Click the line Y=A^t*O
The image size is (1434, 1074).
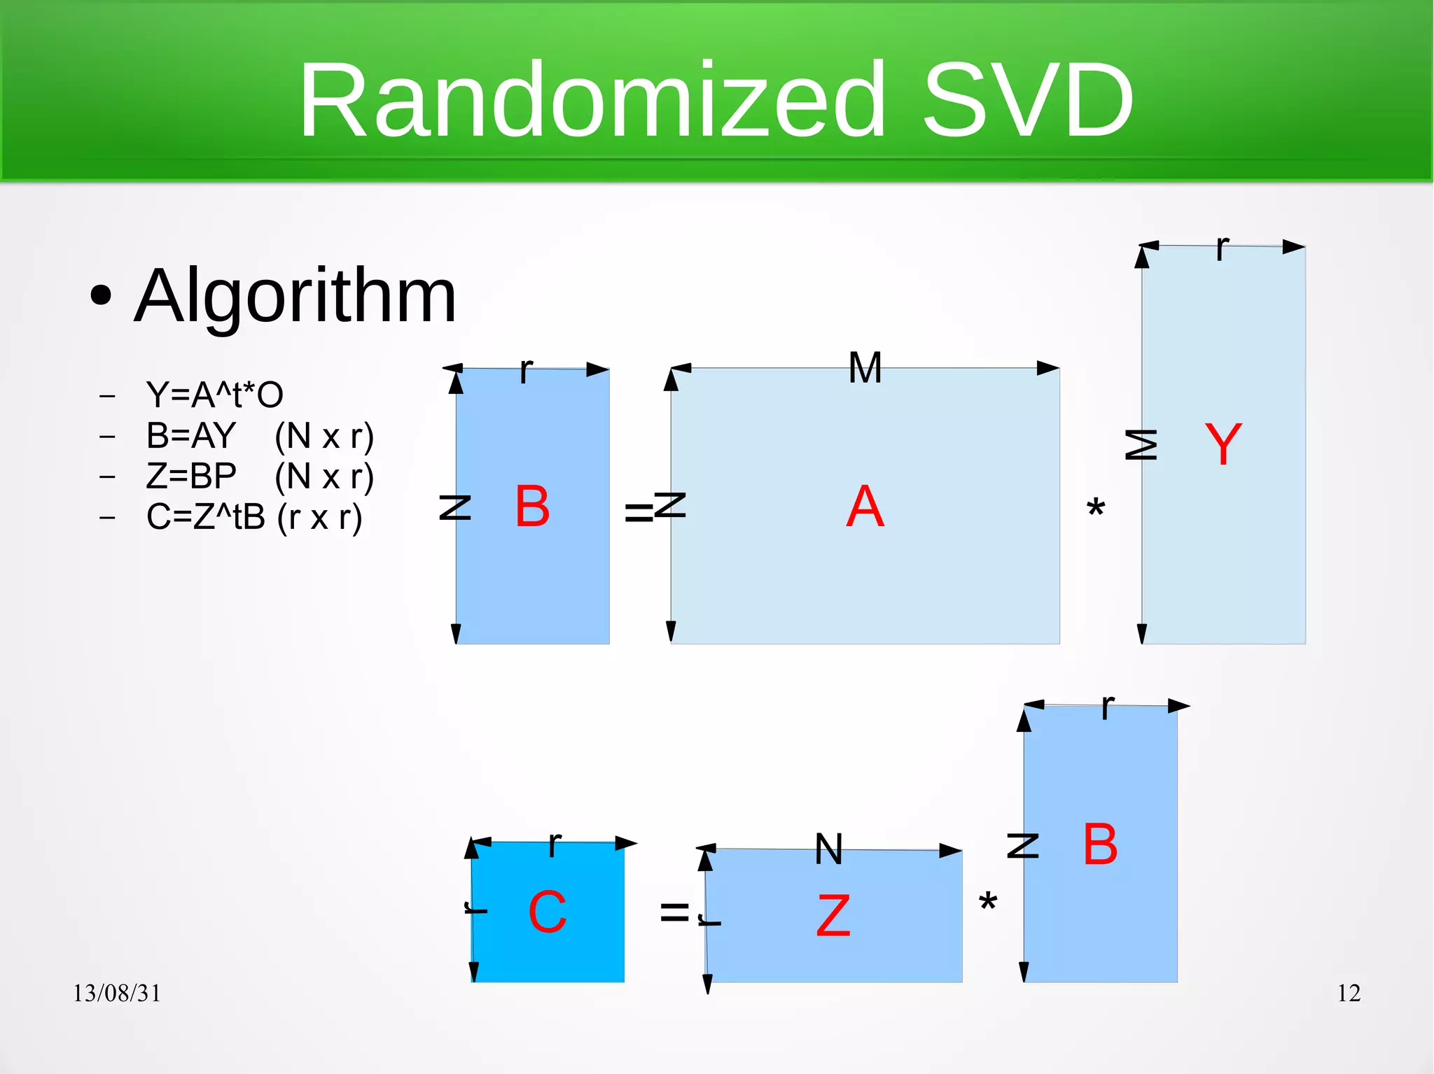click(214, 395)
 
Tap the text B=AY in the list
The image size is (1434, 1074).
click(191, 436)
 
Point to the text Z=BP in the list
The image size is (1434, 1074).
click(191, 476)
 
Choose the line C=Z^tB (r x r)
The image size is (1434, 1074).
click(253, 518)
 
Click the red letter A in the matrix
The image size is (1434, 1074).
click(865, 507)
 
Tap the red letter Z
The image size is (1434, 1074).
click(833, 916)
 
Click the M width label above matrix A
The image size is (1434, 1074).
click(865, 367)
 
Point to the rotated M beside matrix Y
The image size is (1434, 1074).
click(1141, 445)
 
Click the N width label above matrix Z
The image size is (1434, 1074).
click(829, 849)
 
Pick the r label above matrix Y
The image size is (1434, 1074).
click(1222, 248)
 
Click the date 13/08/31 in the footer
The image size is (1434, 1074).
click(117, 993)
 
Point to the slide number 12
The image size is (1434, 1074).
click(1349, 993)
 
